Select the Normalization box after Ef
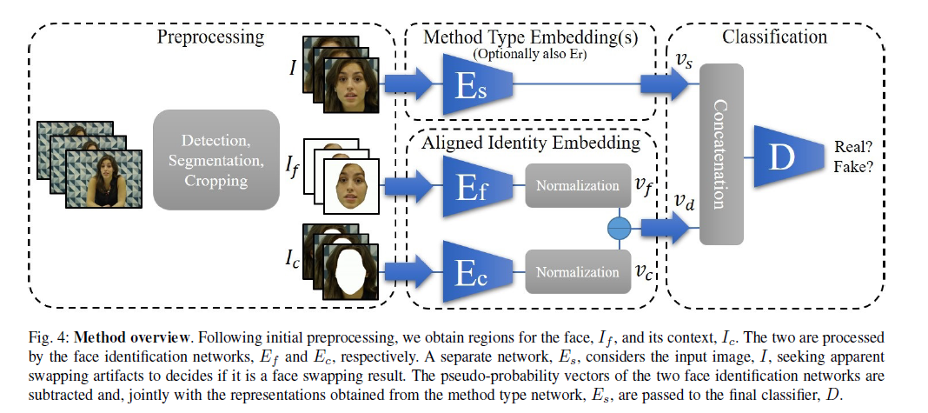coord(577,185)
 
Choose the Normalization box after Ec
coord(577,271)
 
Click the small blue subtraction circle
coord(619,228)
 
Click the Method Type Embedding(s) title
coord(530,37)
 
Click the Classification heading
coord(774,37)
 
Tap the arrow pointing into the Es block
coord(408,83)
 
